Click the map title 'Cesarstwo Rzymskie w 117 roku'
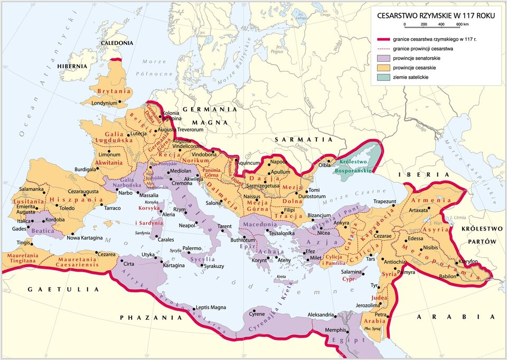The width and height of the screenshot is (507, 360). [x=435, y=16]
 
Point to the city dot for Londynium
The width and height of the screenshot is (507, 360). [x=120, y=101]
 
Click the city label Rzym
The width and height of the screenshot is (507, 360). [x=180, y=210]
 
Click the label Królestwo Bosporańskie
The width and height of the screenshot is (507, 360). [x=355, y=167]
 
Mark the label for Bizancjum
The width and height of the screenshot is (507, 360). [x=320, y=215]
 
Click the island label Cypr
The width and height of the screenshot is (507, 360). [x=348, y=279]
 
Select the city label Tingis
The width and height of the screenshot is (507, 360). [x=23, y=243]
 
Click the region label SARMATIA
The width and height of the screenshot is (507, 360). [x=304, y=140]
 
